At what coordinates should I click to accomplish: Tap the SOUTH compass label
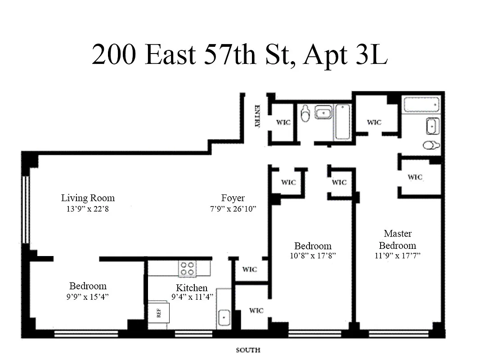point(248,350)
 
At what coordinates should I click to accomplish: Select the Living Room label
point(88,198)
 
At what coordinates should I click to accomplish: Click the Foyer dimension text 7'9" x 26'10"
point(233,209)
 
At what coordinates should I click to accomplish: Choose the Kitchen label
point(192,288)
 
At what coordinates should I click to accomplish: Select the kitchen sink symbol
point(224,318)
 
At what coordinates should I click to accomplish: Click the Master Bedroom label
point(397,239)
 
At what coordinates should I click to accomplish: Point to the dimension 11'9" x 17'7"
point(397,256)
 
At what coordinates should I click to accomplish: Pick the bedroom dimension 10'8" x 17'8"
point(313,256)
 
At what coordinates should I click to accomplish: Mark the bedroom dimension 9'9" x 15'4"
point(88,297)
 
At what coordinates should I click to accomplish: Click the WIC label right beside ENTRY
point(283,122)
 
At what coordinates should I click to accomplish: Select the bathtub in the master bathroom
point(421,105)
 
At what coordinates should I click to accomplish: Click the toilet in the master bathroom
point(431,145)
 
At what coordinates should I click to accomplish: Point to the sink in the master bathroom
point(432,126)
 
